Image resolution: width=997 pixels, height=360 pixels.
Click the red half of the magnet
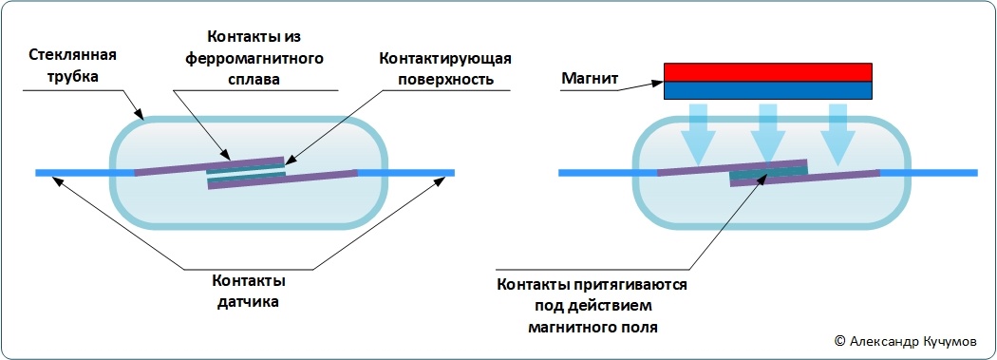pyautogui.click(x=767, y=72)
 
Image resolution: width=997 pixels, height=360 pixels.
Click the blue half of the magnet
pyautogui.click(x=767, y=90)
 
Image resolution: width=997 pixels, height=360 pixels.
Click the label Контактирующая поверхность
pyautogui.click(x=445, y=69)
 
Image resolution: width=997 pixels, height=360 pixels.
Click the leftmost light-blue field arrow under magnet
pyautogui.click(x=698, y=132)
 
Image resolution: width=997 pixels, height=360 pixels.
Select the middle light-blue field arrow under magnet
pyautogui.click(x=767, y=132)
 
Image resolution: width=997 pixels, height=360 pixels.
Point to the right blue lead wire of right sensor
pyautogui.click(x=930, y=173)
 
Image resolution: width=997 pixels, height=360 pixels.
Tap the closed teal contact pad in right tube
pyautogui.click(x=767, y=172)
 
